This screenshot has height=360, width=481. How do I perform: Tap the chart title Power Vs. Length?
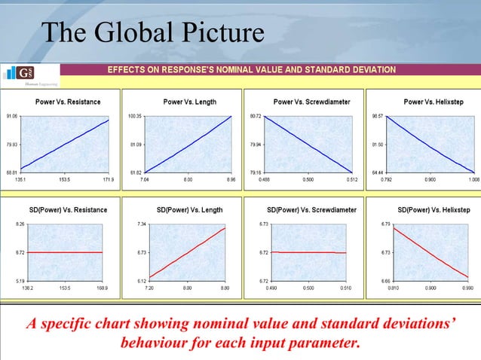[189, 102]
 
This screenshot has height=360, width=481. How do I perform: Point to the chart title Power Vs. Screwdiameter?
[311, 102]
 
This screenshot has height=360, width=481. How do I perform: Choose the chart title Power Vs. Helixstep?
[434, 102]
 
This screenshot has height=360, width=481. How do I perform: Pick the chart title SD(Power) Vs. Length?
[189, 209]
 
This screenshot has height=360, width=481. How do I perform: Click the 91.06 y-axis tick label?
[13, 117]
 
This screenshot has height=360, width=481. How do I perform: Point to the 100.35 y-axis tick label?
[136, 117]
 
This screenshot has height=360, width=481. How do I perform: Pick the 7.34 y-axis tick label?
[141, 224]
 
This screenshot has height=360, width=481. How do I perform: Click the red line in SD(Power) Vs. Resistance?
[64, 252]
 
